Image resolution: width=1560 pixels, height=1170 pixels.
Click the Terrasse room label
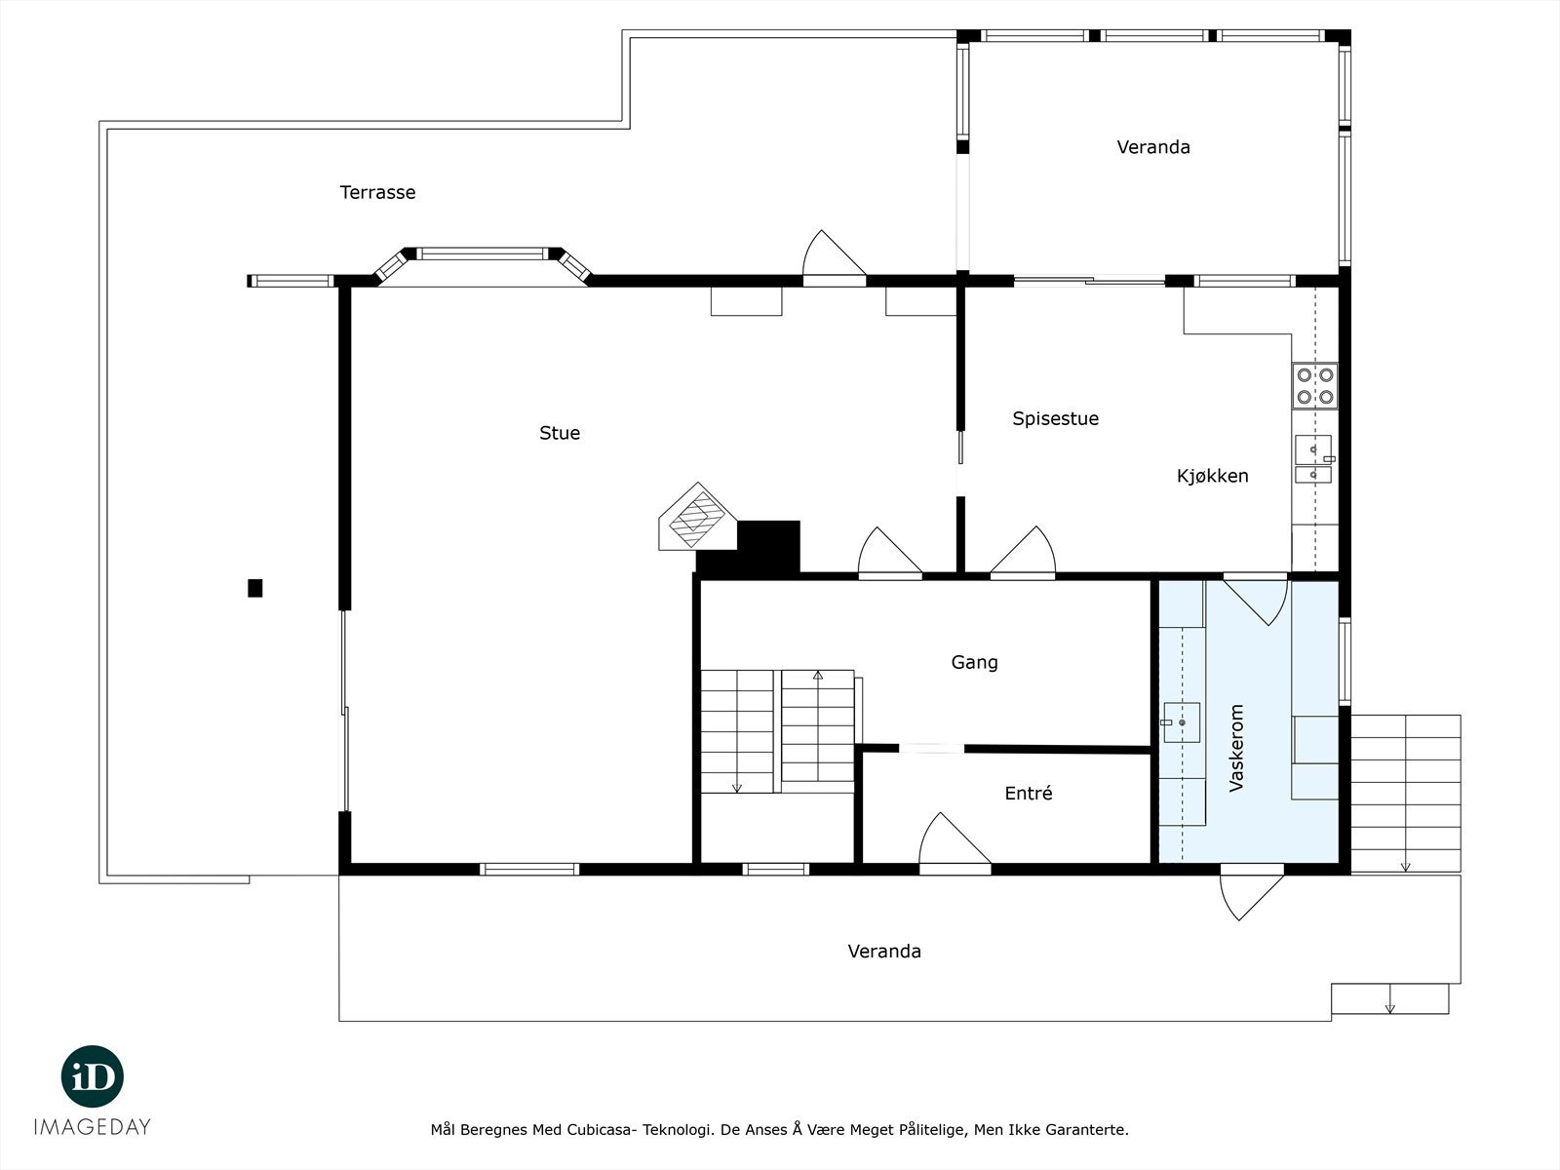[x=377, y=192]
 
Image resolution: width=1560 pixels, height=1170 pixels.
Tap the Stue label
[x=560, y=433]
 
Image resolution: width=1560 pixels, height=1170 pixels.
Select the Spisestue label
[x=1055, y=418]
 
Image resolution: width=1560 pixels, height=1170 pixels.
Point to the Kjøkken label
[x=1212, y=476]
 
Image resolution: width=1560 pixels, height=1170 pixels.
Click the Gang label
[x=974, y=662]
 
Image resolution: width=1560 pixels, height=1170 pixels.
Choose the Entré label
[x=1028, y=794]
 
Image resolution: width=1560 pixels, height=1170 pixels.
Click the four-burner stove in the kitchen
[x=1314, y=386]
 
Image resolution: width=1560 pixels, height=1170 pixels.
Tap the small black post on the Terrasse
[x=255, y=588]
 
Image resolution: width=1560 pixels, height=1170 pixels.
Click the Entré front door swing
[x=951, y=840]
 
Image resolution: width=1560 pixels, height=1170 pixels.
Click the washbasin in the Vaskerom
[x=1181, y=722]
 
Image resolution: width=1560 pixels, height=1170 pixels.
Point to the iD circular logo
[x=93, y=1076]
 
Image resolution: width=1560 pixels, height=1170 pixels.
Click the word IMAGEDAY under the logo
[x=93, y=1127]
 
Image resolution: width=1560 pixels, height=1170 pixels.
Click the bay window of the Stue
[x=482, y=255]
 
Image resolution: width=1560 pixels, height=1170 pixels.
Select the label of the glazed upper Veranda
[x=1152, y=147]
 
